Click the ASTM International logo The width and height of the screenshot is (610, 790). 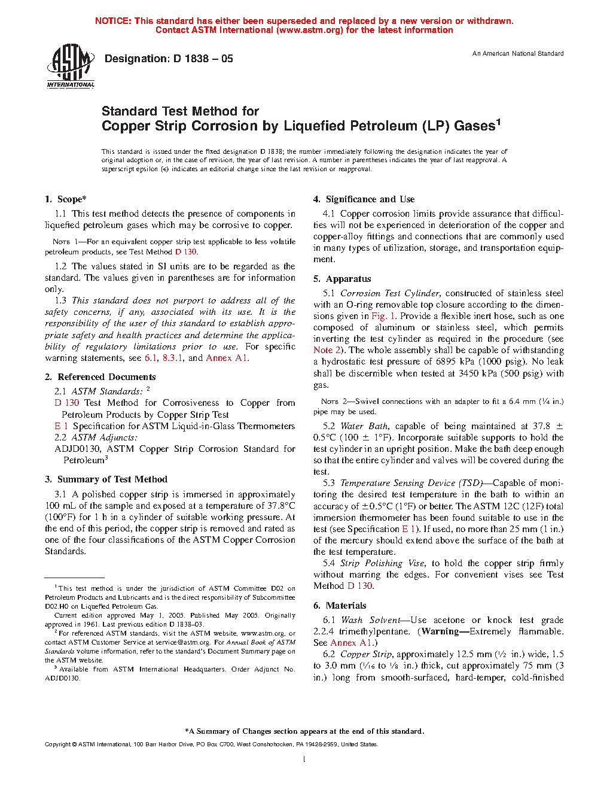(x=71, y=66)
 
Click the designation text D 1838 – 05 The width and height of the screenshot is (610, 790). (x=169, y=59)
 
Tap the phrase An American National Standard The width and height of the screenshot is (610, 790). (x=518, y=54)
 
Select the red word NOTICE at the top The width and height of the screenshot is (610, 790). (x=112, y=21)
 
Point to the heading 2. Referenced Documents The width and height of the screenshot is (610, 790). (x=100, y=377)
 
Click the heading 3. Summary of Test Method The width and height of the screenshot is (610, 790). (x=106, y=479)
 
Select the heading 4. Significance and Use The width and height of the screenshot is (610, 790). (x=364, y=199)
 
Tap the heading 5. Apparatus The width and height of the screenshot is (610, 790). (x=343, y=279)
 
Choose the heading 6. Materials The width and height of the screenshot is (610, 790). (x=340, y=606)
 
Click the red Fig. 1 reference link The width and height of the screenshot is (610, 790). (x=383, y=316)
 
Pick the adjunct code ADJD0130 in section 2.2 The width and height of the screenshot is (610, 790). (x=77, y=449)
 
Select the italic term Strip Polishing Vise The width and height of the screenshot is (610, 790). (x=383, y=563)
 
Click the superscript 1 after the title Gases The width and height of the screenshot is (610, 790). (x=498, y=121)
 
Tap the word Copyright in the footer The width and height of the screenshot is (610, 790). (x=57, y=745)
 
